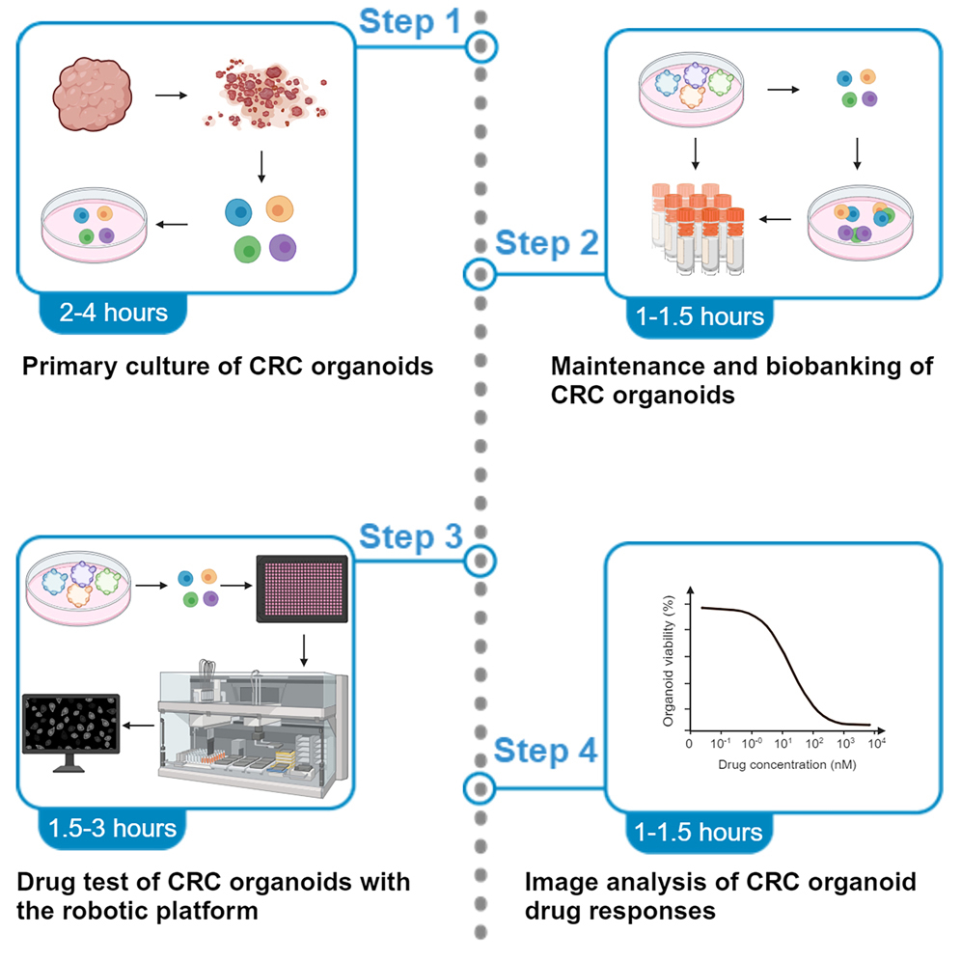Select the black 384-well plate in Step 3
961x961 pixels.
302,590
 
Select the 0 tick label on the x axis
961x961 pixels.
689,745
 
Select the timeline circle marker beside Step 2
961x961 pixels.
479,275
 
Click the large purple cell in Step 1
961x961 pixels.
283,248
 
